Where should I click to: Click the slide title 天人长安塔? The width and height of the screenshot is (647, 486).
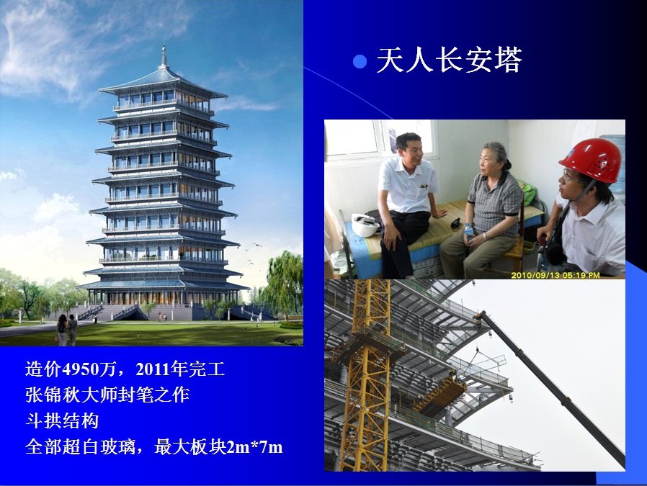tap(450, 60)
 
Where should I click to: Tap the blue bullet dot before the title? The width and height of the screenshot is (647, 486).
tap(360, 61)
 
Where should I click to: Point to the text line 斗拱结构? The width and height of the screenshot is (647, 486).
tap(62, 421)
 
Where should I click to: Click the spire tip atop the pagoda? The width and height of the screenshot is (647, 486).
tap(164, 46)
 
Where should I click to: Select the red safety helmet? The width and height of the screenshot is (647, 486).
tap(592, 160)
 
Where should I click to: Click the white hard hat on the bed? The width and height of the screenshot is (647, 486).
tap(365, 225)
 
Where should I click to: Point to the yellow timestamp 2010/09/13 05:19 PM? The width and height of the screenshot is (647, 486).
tap(555, 275)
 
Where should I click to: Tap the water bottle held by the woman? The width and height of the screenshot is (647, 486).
tap(468, 233)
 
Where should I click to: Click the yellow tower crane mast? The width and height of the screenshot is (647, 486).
tap(367, 375)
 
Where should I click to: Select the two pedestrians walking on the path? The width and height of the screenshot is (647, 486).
tap(67, 329)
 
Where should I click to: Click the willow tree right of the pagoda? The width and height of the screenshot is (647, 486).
tap(285, 284)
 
